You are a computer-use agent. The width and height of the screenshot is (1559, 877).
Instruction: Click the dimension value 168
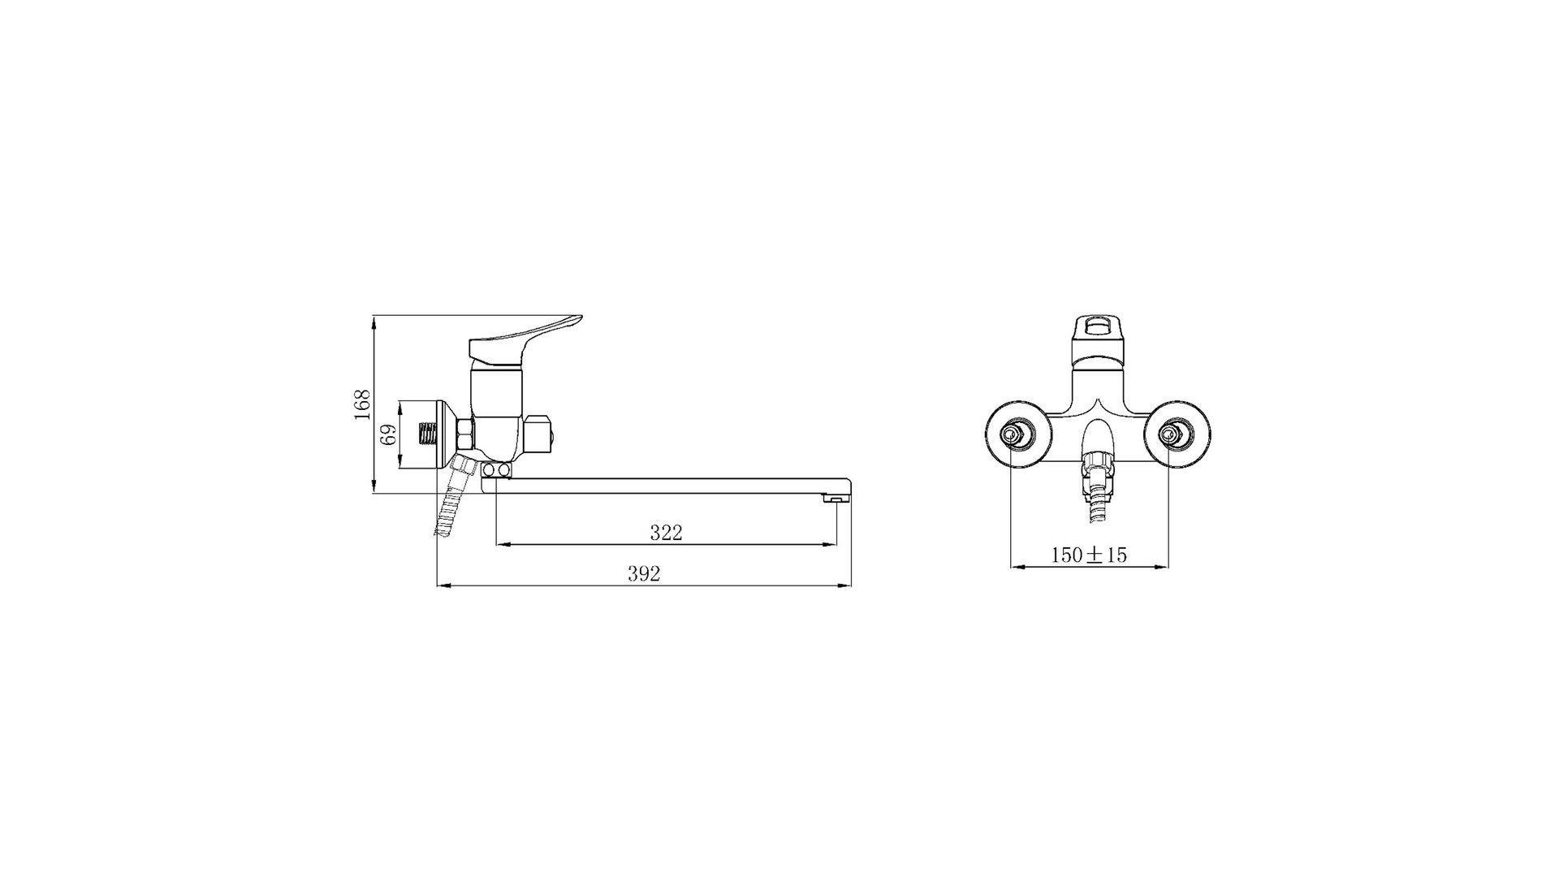point(362,404)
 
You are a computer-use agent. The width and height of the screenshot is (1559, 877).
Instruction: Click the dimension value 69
point(389,434)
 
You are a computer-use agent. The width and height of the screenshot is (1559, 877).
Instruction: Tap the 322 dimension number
point(666,533)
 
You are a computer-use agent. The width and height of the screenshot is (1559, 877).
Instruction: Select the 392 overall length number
point(644,574)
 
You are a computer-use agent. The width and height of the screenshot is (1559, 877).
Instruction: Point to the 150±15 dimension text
point(1089,555)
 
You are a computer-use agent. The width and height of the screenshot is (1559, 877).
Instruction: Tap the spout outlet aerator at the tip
point(833,499)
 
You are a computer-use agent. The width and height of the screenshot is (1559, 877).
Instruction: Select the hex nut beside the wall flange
point(465,435)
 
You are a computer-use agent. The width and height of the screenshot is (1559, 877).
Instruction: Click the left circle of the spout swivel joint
point(490,470)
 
